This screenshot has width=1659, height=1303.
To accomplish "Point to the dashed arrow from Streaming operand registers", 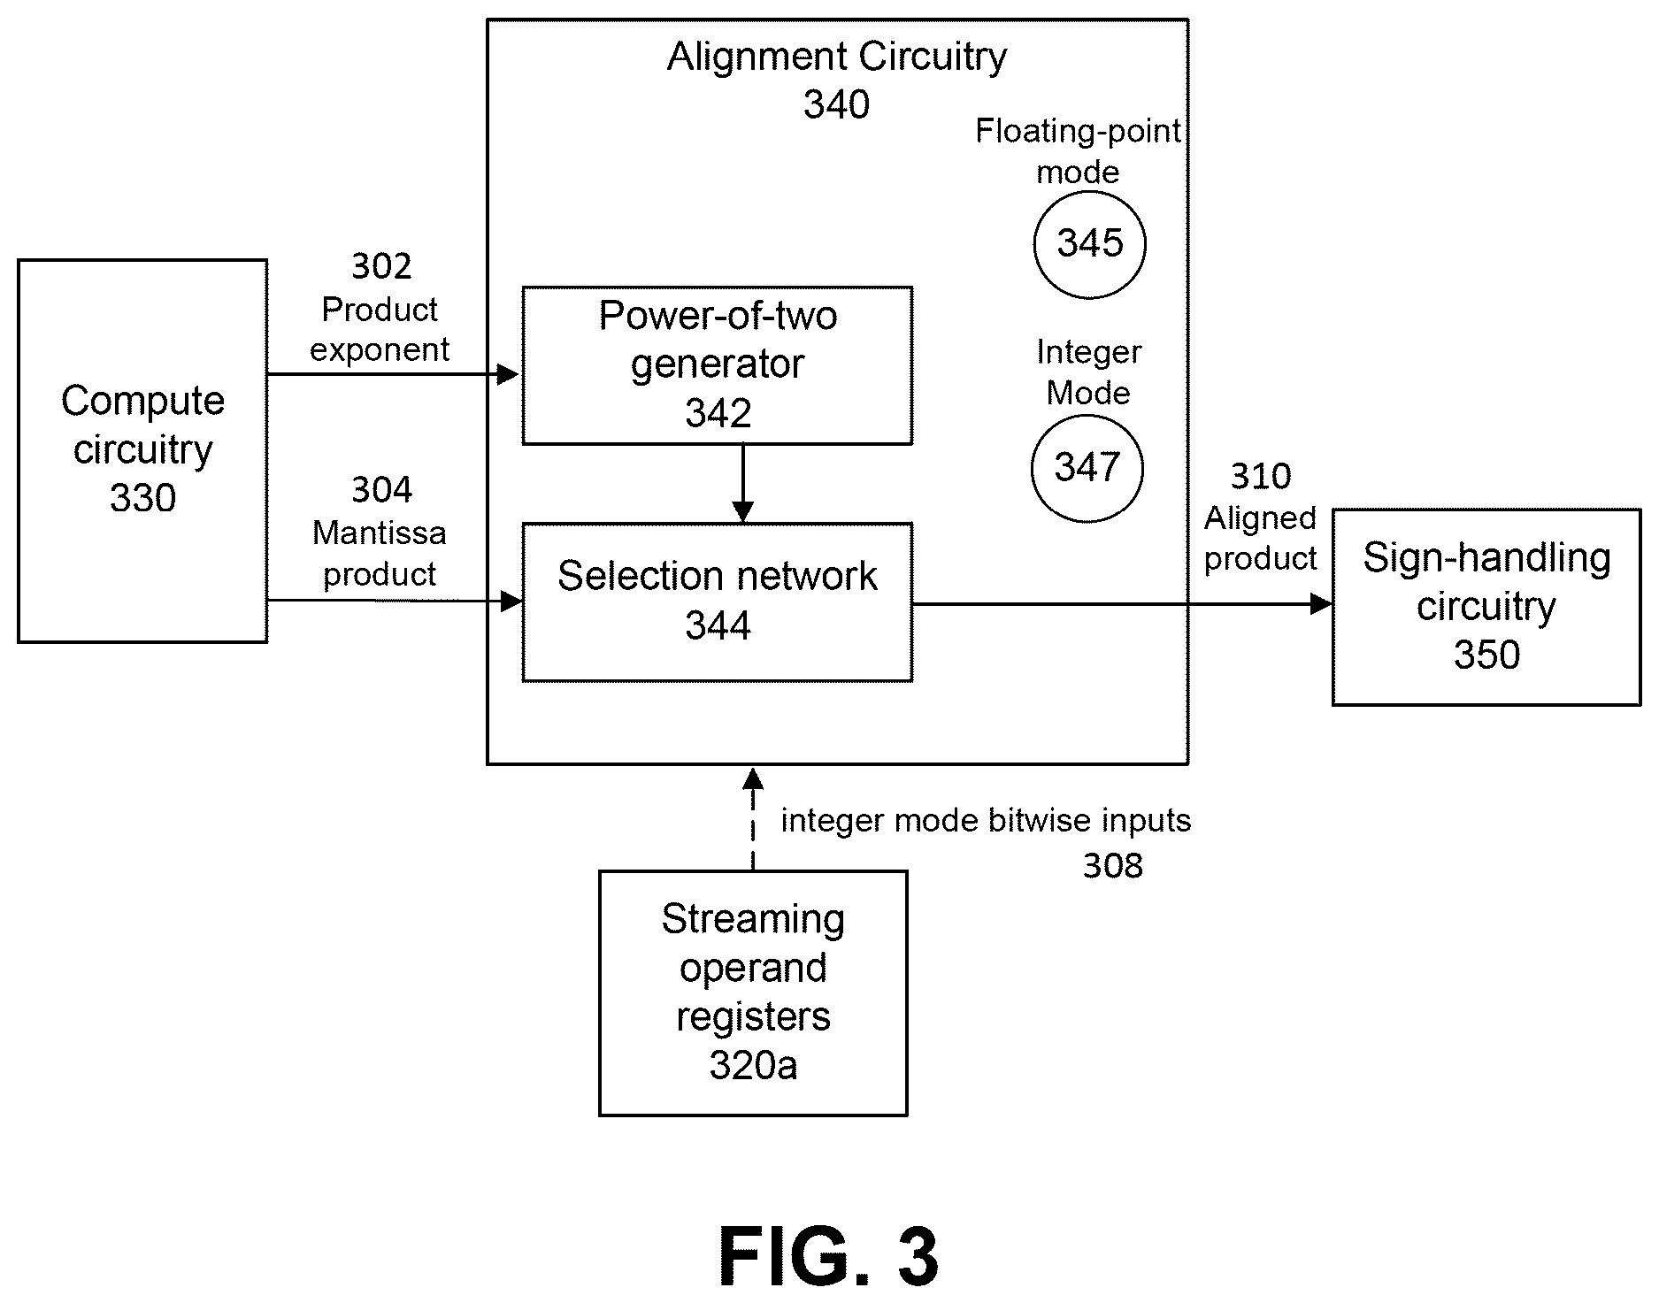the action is [753, 819].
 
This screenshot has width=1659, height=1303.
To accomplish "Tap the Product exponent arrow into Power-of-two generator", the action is [394, 374].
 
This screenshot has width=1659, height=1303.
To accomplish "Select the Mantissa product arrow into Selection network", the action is [395, 602].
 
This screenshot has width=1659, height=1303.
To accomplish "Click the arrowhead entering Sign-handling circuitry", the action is [1321, 604].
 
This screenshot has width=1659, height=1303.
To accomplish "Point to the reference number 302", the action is [381, 266].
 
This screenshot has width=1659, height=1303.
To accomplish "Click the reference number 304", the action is [381, 490].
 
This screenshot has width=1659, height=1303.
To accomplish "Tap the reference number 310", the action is [1261, 477].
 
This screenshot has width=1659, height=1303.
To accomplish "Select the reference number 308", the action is [1113, 865].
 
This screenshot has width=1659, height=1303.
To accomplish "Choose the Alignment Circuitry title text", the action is [837, 57].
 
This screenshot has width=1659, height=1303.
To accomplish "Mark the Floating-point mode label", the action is [1079, 151].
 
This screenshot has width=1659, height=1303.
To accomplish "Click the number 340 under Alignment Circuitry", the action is [837, 105].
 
